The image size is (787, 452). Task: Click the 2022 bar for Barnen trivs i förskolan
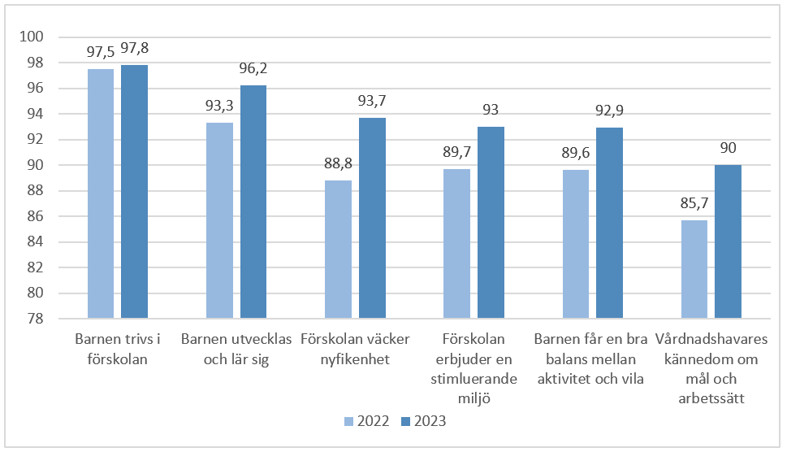pyautogui.click(x=101, y=193)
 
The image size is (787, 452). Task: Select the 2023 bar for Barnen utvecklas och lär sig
pyautogui.click(x=253, y=202)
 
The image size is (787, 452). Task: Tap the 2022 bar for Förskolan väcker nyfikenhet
pyautogui.click(x=338, y=249)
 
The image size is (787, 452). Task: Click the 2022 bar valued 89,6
pyautogui.click(x=575, y=244)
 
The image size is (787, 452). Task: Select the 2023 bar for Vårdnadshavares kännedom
pyautogui.click(x=728, y=241)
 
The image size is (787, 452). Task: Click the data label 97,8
pyautogui.click(x=134, y=49)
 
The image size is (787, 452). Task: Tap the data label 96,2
pyautogui.click(x=253, y=69)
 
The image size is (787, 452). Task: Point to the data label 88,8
pyautogui.click(x=338, y=163)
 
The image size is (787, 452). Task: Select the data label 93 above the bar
pyautogui.click(x=491, y=111)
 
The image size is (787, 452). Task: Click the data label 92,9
pyautogui.click(x=609, y=111)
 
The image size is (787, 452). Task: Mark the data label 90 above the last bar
pyautogui.click(x=728, y=149)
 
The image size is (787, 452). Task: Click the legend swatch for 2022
pyautogui.click(x=349, y=421)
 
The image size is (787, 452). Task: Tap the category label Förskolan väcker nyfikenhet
pyautogui.click(x=355, y=349)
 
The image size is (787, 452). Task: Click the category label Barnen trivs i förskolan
pyautogui.click(x=118, y=349)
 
